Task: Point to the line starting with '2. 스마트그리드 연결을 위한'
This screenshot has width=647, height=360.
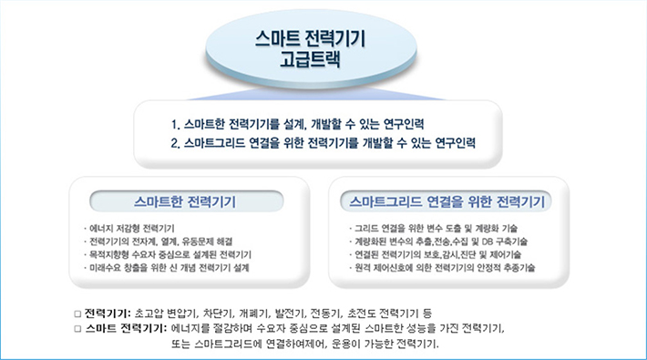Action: (323, 142)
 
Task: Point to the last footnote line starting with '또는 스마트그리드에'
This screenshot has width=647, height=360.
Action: (304, 344)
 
